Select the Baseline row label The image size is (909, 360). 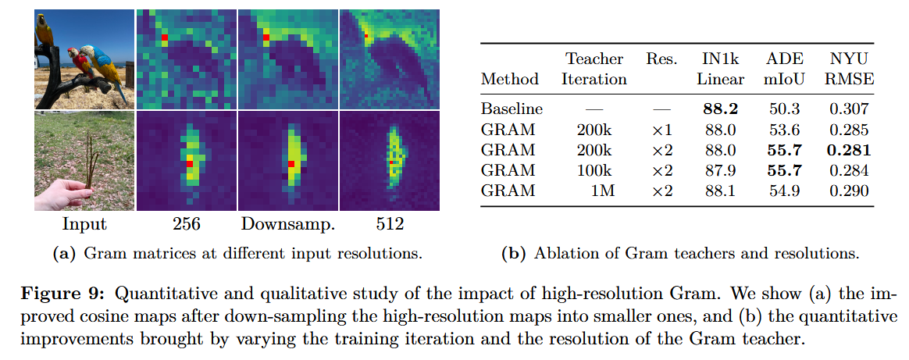pos(512,109)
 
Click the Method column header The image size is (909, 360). pos(509,79)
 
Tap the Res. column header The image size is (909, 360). pos(661,59)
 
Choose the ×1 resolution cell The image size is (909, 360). pos(661,130)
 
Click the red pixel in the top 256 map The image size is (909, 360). pos(165,37)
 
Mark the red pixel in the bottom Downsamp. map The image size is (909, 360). pos(291,164)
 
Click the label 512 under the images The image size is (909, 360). pos(389,225)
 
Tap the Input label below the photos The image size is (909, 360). pos(84,225)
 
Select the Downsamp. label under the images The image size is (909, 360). pos(287,225)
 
